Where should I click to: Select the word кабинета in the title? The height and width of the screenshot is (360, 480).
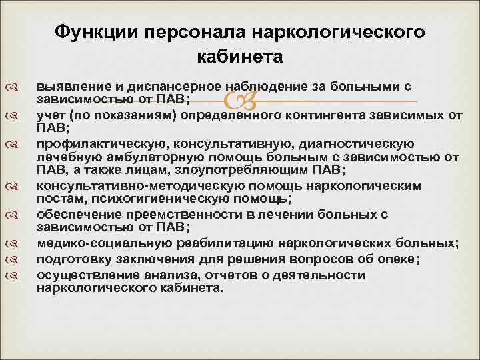[241, 57]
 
